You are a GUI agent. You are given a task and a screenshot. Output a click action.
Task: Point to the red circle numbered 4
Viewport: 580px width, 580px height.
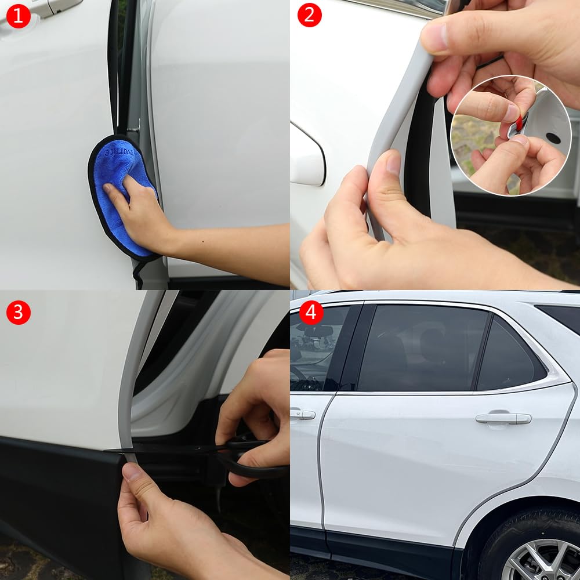[311, 312]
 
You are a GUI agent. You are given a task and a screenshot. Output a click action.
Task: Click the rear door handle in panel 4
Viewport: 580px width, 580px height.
[503, 418]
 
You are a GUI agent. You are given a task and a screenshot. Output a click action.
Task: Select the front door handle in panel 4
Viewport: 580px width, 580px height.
[303, 414]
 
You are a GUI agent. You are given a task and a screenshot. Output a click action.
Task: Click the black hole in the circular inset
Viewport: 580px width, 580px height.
[552, 138]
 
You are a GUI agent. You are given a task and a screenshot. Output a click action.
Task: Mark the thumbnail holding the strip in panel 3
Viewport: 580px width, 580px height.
[132, 471]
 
